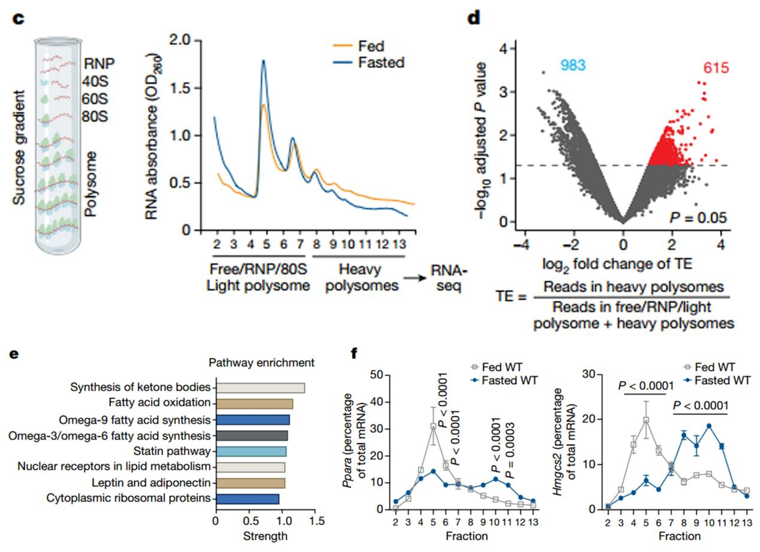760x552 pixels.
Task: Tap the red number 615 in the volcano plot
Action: [713, 68]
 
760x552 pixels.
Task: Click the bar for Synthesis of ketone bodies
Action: [260, 387]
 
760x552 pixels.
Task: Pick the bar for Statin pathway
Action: [251, 451]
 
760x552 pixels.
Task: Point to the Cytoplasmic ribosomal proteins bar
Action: [247, 498]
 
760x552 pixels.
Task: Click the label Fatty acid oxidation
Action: [159, 403]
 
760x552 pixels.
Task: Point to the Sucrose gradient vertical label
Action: [20, 147]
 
